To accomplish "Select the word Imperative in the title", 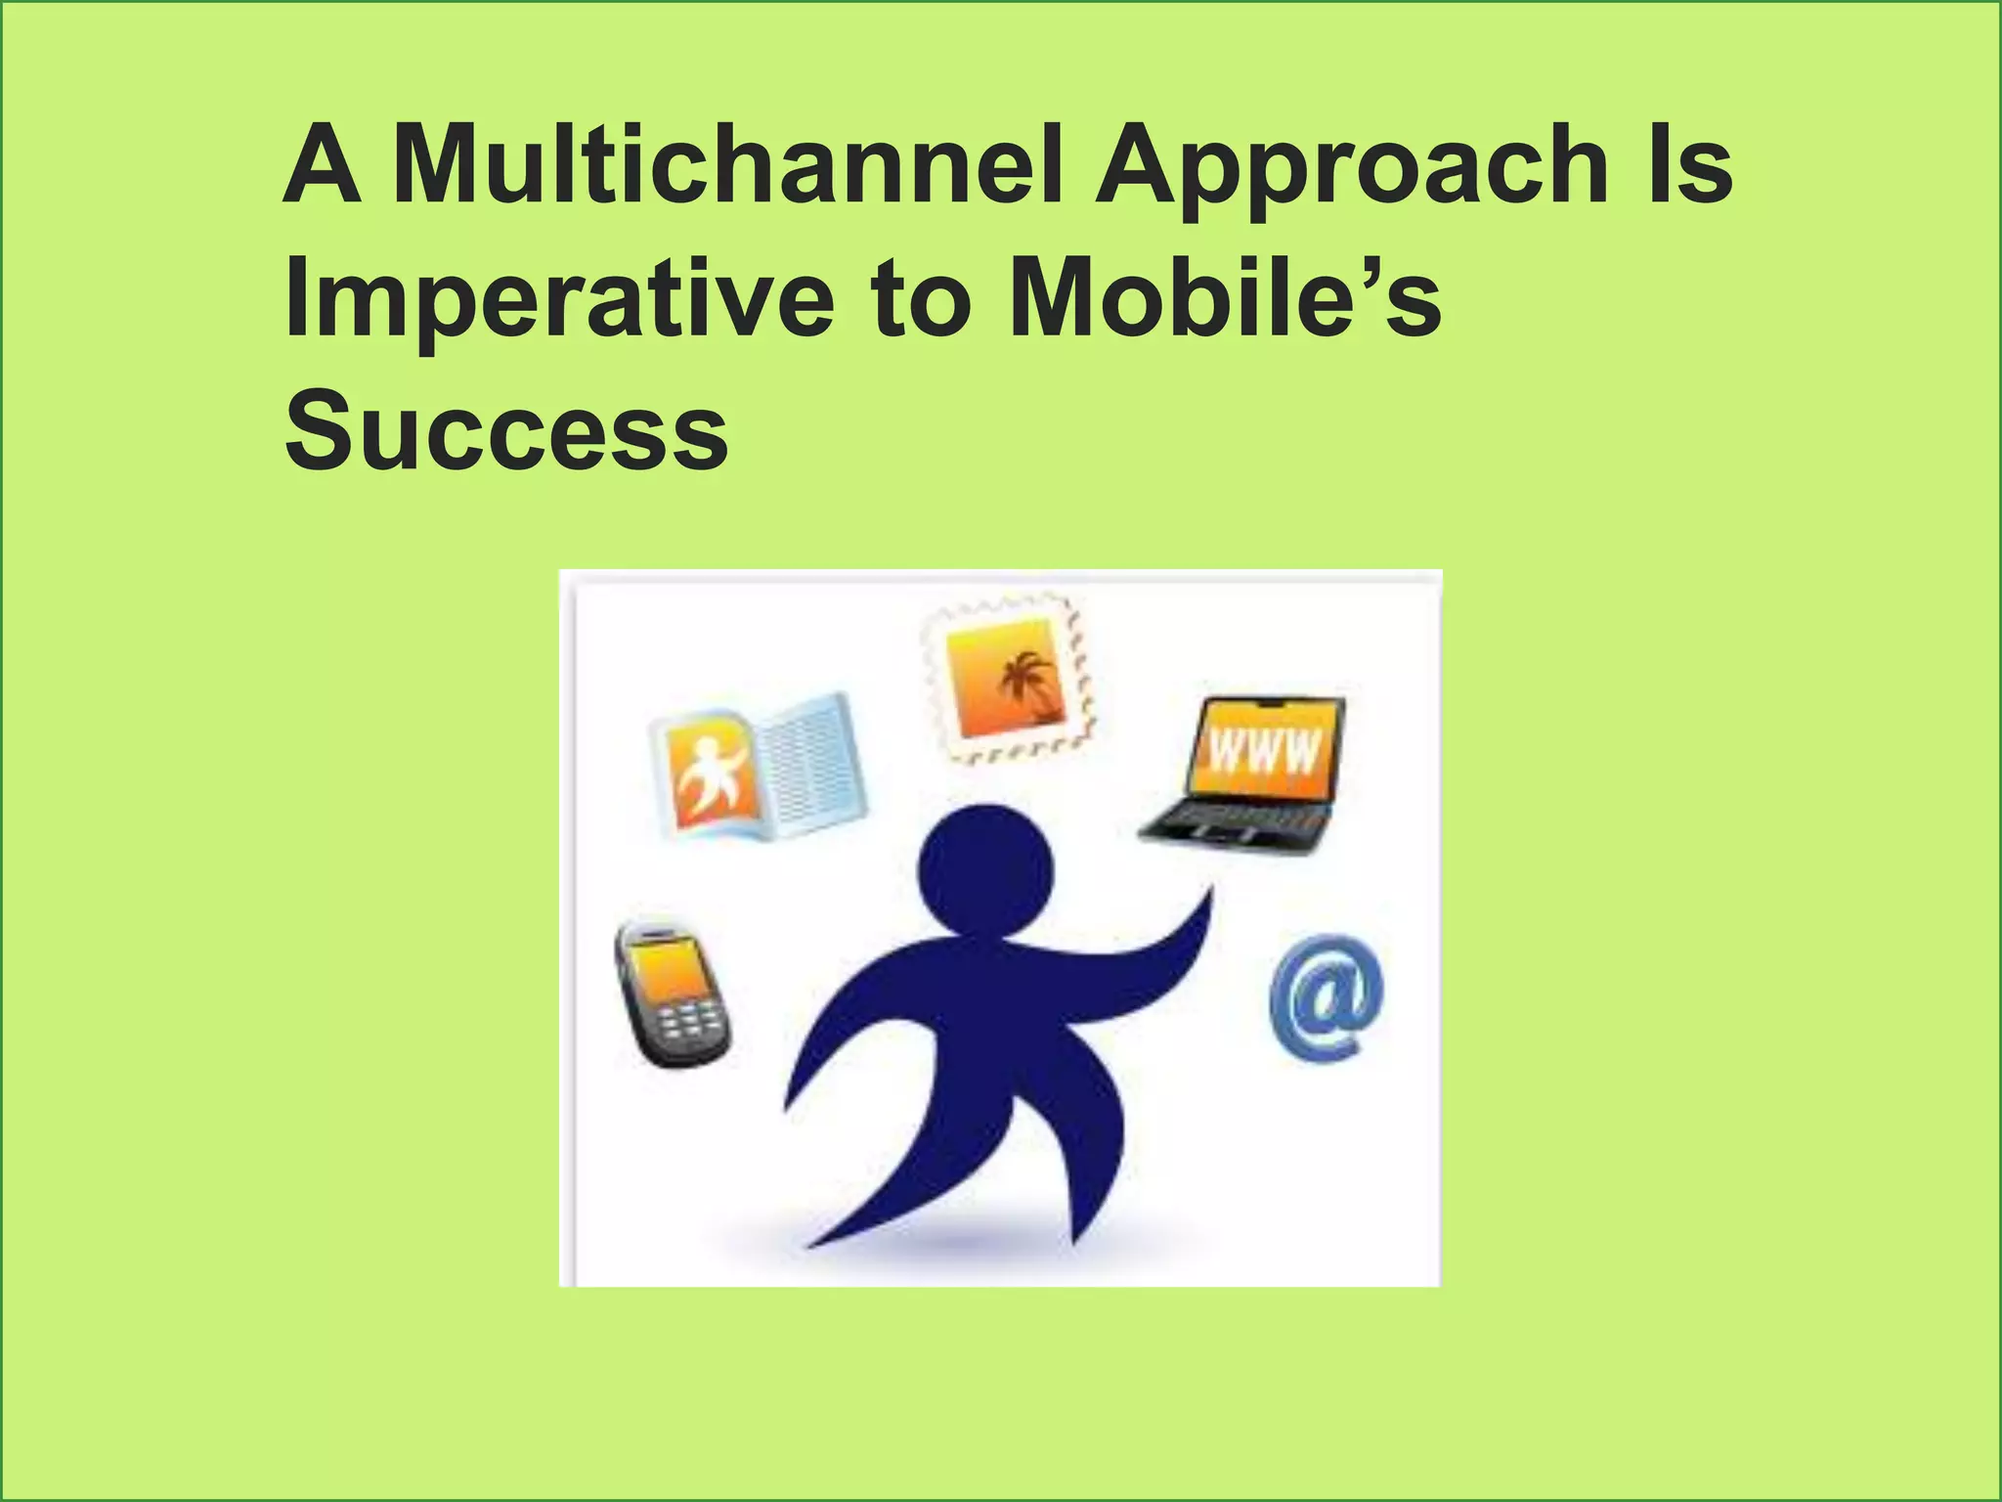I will (x=558, y=299).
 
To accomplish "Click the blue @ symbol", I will (x=1327, y=998).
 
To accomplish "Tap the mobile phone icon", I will (x=672, y=993).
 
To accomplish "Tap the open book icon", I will (x=758, y=768).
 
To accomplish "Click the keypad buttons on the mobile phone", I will (x=690, y=1022).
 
